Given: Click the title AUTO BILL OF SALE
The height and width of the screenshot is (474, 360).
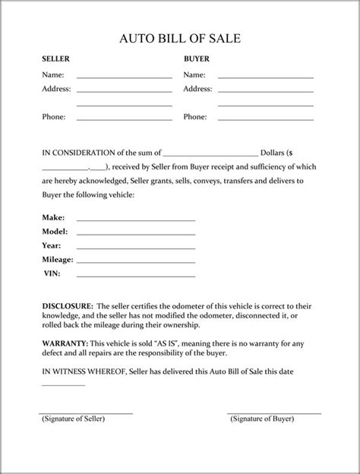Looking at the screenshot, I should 179,39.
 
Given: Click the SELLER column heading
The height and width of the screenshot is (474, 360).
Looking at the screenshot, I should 54,58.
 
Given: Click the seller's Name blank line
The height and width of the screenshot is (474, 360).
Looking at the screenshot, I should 124,77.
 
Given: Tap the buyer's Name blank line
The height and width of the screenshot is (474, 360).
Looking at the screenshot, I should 265,77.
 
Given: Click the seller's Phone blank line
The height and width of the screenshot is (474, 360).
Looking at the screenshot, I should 124,120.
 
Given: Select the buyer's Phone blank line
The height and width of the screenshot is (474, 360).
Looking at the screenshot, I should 265,120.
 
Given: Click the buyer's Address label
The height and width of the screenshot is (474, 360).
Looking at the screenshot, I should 197,89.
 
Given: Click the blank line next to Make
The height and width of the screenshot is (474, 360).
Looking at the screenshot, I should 135,220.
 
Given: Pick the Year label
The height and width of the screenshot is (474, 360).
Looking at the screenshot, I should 51,245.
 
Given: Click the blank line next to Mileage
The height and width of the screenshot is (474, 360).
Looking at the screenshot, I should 135,261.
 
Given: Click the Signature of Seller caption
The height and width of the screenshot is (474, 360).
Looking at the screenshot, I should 74,419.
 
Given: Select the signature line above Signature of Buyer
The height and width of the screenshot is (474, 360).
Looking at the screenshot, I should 273,413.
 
